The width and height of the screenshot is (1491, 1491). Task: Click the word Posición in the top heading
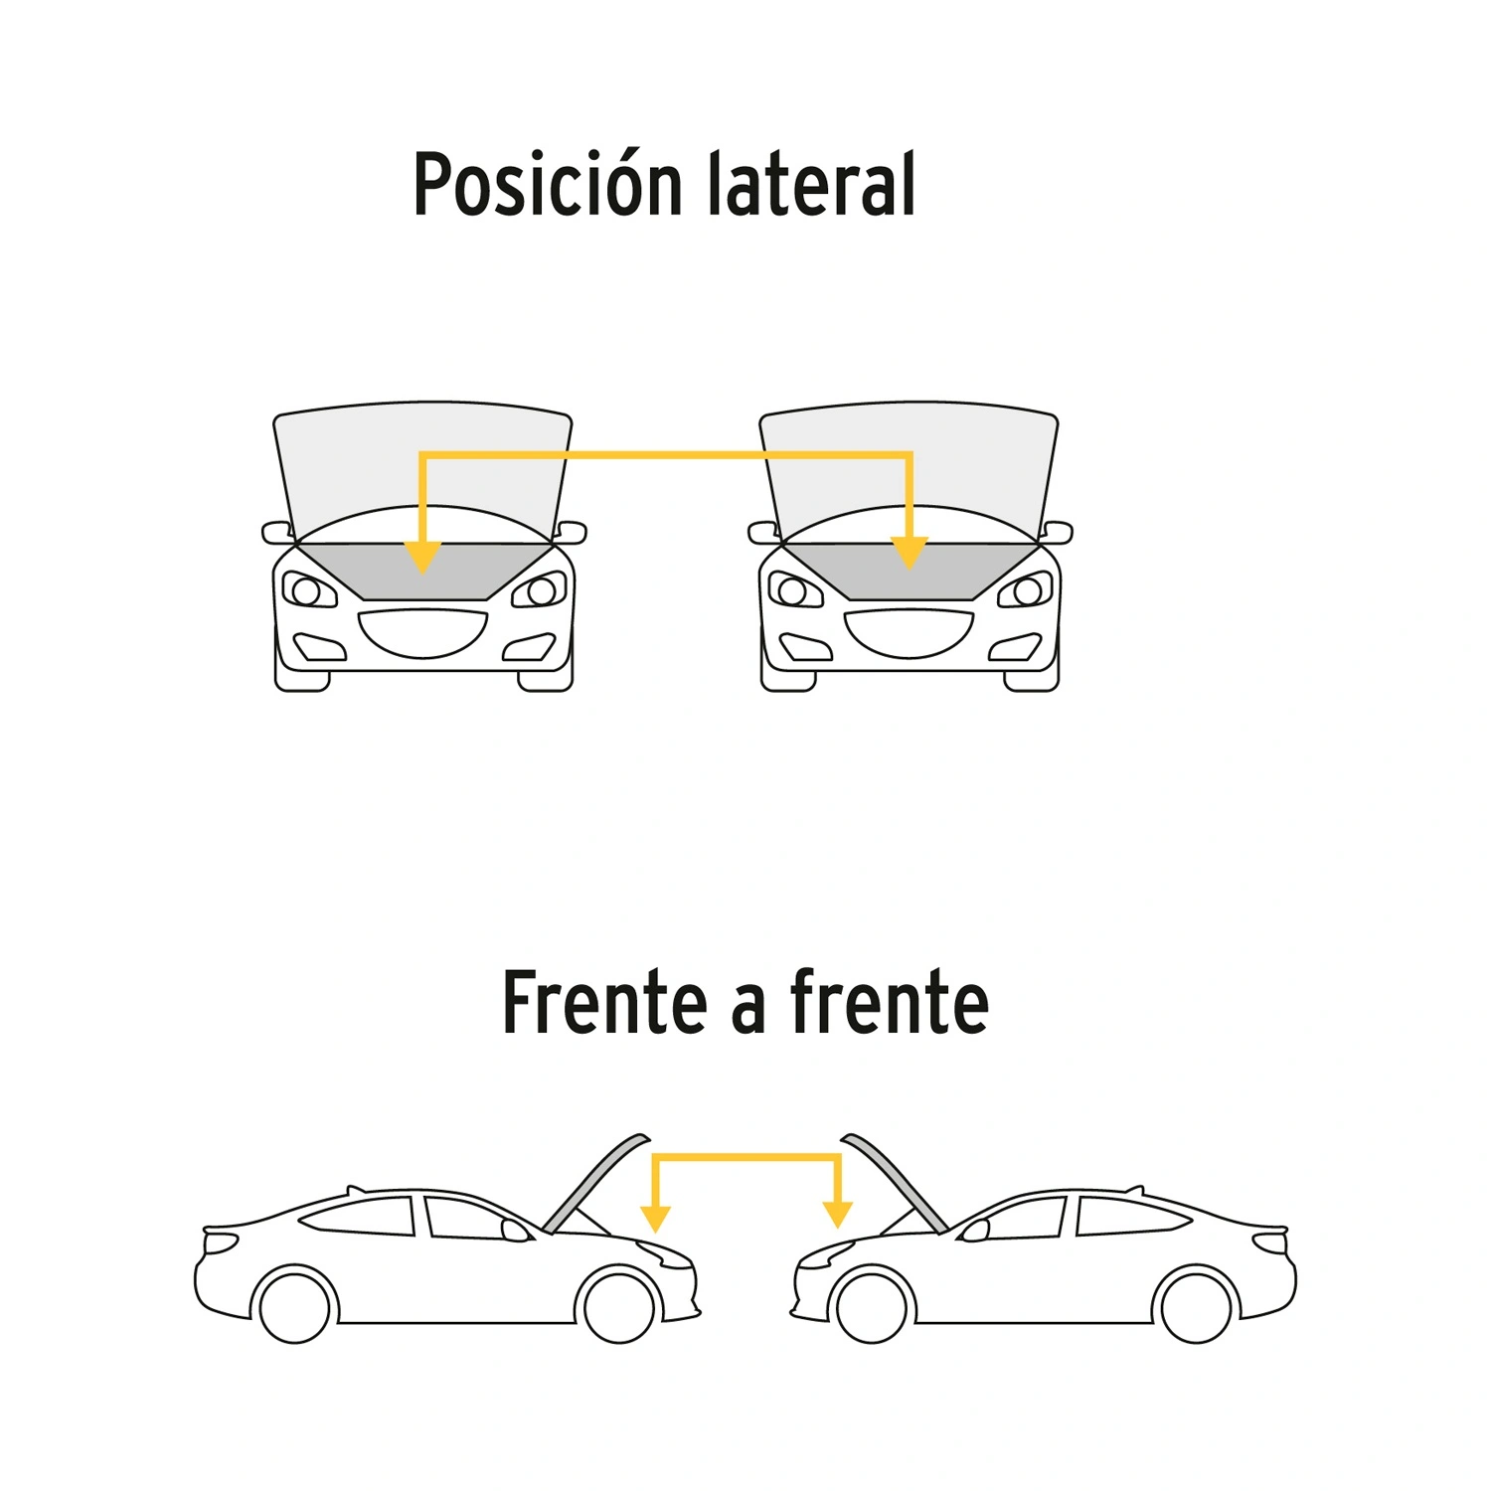549,184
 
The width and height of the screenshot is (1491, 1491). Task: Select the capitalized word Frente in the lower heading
604,1002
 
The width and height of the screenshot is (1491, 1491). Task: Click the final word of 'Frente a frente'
890,1002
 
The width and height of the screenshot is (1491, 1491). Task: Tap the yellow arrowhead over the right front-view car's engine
910,553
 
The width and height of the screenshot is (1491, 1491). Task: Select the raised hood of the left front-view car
423,472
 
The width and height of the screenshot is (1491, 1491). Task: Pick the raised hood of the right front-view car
910,472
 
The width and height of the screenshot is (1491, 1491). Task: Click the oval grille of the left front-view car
423,633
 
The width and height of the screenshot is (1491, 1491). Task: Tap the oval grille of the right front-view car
910,633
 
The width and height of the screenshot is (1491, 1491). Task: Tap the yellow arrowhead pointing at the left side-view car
655,1219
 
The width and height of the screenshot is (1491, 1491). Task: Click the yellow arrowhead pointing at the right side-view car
838,1215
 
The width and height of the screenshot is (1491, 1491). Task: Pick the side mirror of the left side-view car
516,1232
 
